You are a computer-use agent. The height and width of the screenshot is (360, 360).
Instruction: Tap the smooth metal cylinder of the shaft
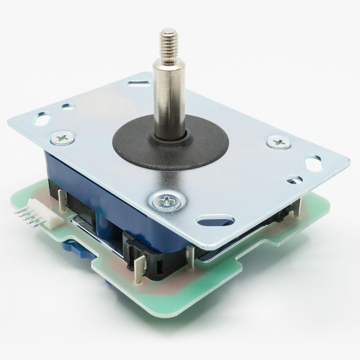(169, 96)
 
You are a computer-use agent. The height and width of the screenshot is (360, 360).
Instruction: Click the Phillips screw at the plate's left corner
(62, 138)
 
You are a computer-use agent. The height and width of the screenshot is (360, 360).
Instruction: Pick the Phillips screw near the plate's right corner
(278, 142)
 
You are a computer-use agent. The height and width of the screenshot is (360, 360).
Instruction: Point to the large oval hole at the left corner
(42, 119)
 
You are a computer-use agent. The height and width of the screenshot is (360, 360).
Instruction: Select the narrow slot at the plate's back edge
(139, 83)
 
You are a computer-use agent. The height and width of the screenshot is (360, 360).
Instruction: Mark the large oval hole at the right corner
(313, 162)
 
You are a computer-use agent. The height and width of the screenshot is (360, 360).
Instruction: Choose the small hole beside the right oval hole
(294, 179)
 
